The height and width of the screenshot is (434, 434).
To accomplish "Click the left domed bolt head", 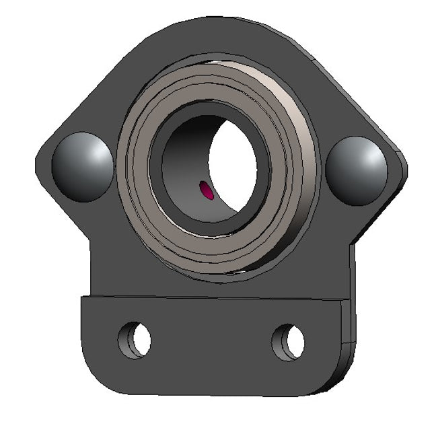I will coord(83,167).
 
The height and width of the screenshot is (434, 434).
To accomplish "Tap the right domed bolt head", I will coord(357,170).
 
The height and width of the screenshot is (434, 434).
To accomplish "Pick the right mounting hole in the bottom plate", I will coord(288,341).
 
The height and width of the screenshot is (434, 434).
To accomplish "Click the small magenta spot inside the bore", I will coord(208,191).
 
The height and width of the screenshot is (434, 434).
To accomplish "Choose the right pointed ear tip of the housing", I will coord(405,168).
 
